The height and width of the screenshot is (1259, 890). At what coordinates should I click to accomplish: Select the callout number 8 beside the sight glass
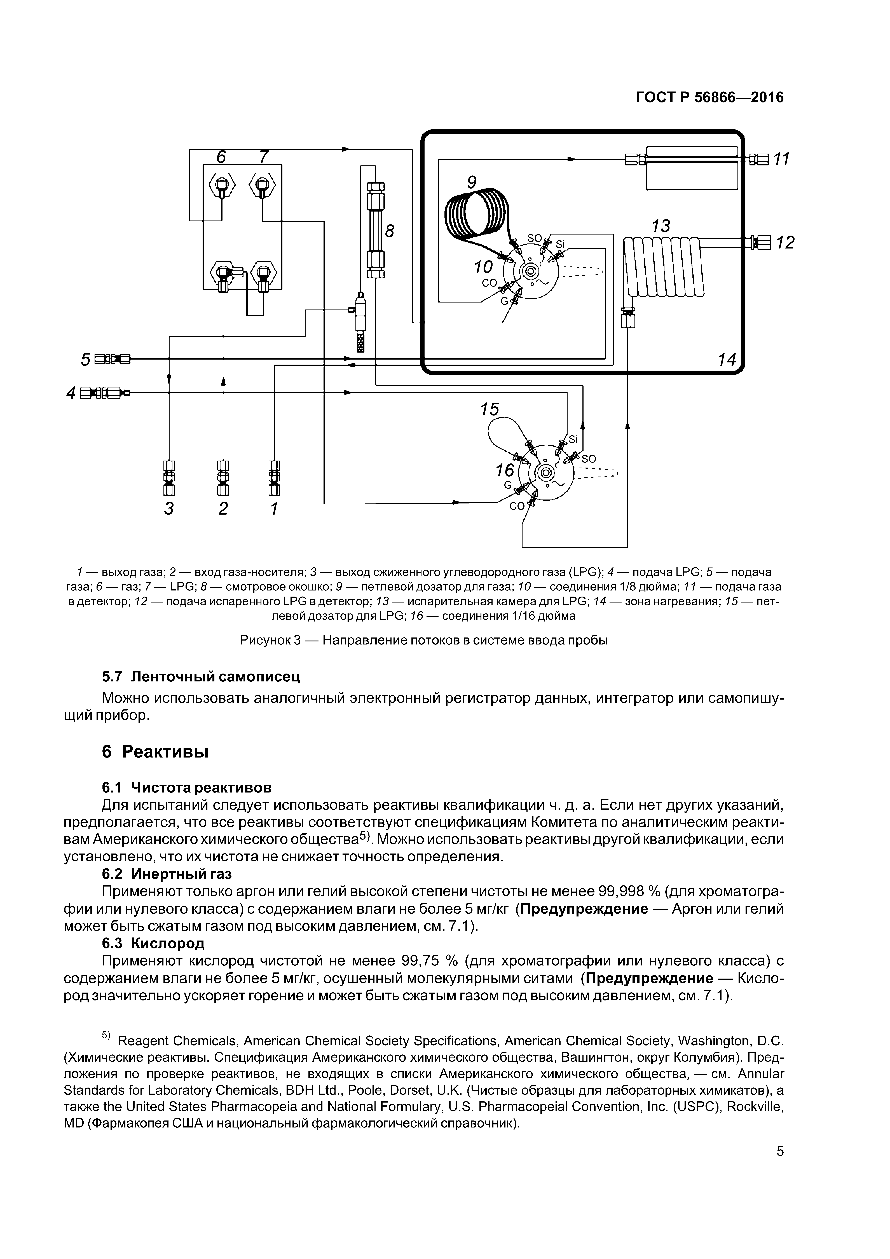389,231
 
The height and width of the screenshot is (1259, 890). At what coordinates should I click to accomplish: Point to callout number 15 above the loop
490,409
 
